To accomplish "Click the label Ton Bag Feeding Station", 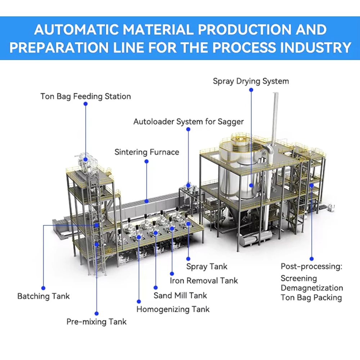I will [x=85, y=96].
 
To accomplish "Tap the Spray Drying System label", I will [x=251, y=81].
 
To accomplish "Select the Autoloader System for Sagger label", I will [x=188, y=122].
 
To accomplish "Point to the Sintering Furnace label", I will [x=147, y=152].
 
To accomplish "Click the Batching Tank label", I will [x=44, y=296].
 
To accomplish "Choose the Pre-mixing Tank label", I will [x=96, y=321].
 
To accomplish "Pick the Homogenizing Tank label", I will [x=173, y=309].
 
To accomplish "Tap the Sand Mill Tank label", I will [x=180, y=296].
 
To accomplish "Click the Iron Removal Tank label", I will [x=204, y=280].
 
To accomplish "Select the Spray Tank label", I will [x=207, y=267].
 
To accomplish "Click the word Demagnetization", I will [x=312, y=288].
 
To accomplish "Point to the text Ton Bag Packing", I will [x=311, y=298].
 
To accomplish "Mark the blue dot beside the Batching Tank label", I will [x=43, y=288].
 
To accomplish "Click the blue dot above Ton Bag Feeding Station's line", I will [x=85, y=104].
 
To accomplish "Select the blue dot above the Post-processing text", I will [x=311, y=258].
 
